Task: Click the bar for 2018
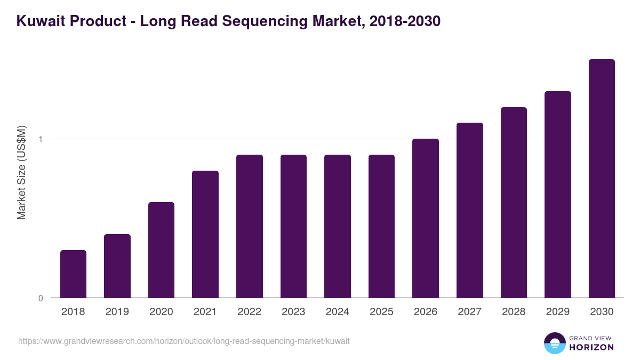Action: pyautogui.click(x=73, y=274)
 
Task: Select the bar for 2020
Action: pyautogui.click(x=161, y=250)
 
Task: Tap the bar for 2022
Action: pyautogui.click(x=250, y=226)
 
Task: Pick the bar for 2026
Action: pyautogui.click(x=426, y=218)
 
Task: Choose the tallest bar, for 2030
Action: pyautogui.click(x=602, y=179)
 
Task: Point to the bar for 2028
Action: pyautogui.click(x=514, y=203)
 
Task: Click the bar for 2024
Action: pyautogui.click(x=338, y=226)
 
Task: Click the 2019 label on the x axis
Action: pyautogui.click(x=117, y=312)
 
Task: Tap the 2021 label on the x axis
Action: pyautogui.click(x=205, y=312)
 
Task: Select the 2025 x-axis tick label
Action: pyautogui.click(x=381, y=312)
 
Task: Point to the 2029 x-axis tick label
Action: pyautogui.click(x=557, y=312)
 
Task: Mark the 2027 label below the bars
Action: pyautogui.click(x=469, y=312)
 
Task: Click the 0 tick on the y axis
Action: pyautogui.click(x=41, y=298)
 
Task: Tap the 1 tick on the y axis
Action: pyautogui.click(x=41, y=139)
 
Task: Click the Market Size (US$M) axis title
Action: pyautogui.click(x=21, y=172)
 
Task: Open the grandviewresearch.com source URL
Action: pyautogui.click(x=184, y=341)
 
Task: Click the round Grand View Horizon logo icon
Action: pyautogui.click(x=554, y=343)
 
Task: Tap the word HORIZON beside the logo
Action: pyautogui.click(x=591, y=347)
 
